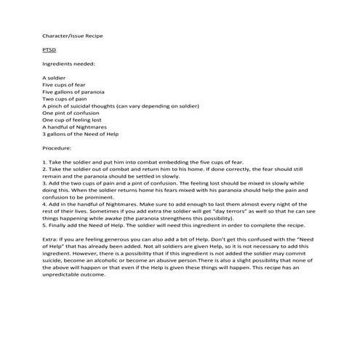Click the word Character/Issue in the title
coord(64,34)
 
